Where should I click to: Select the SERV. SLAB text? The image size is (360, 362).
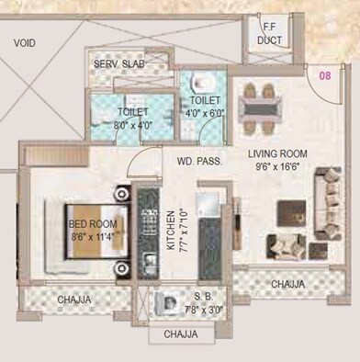coord(118,64)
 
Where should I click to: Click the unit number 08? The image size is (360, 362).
coord(323,76)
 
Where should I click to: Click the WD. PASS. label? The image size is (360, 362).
coord(197,162)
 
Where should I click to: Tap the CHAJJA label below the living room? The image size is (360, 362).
coord(287,285)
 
